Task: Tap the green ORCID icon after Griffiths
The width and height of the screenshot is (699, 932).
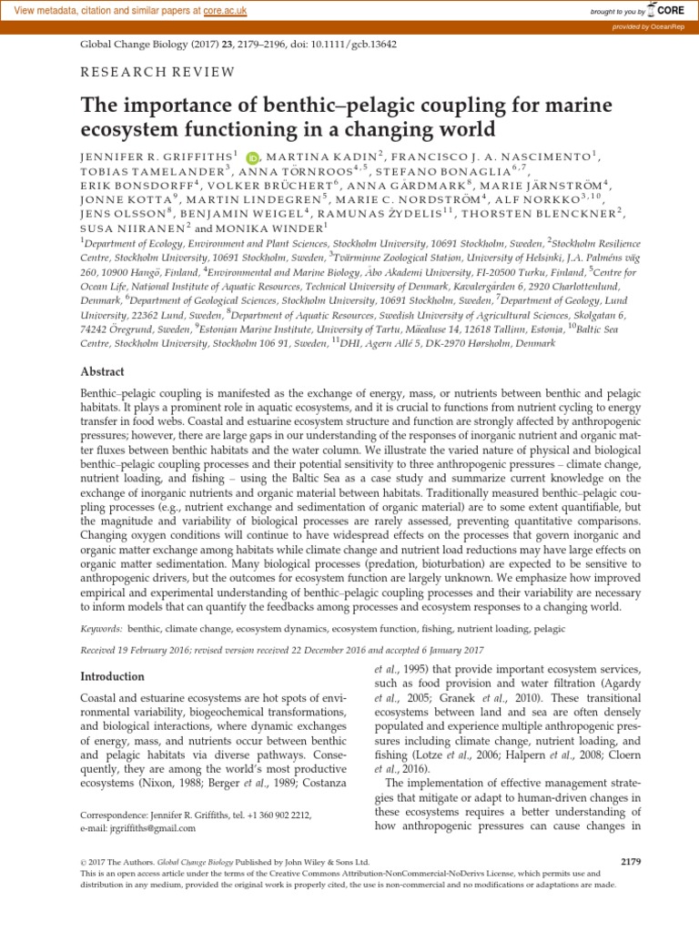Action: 252,157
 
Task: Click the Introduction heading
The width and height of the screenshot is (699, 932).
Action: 112,676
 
